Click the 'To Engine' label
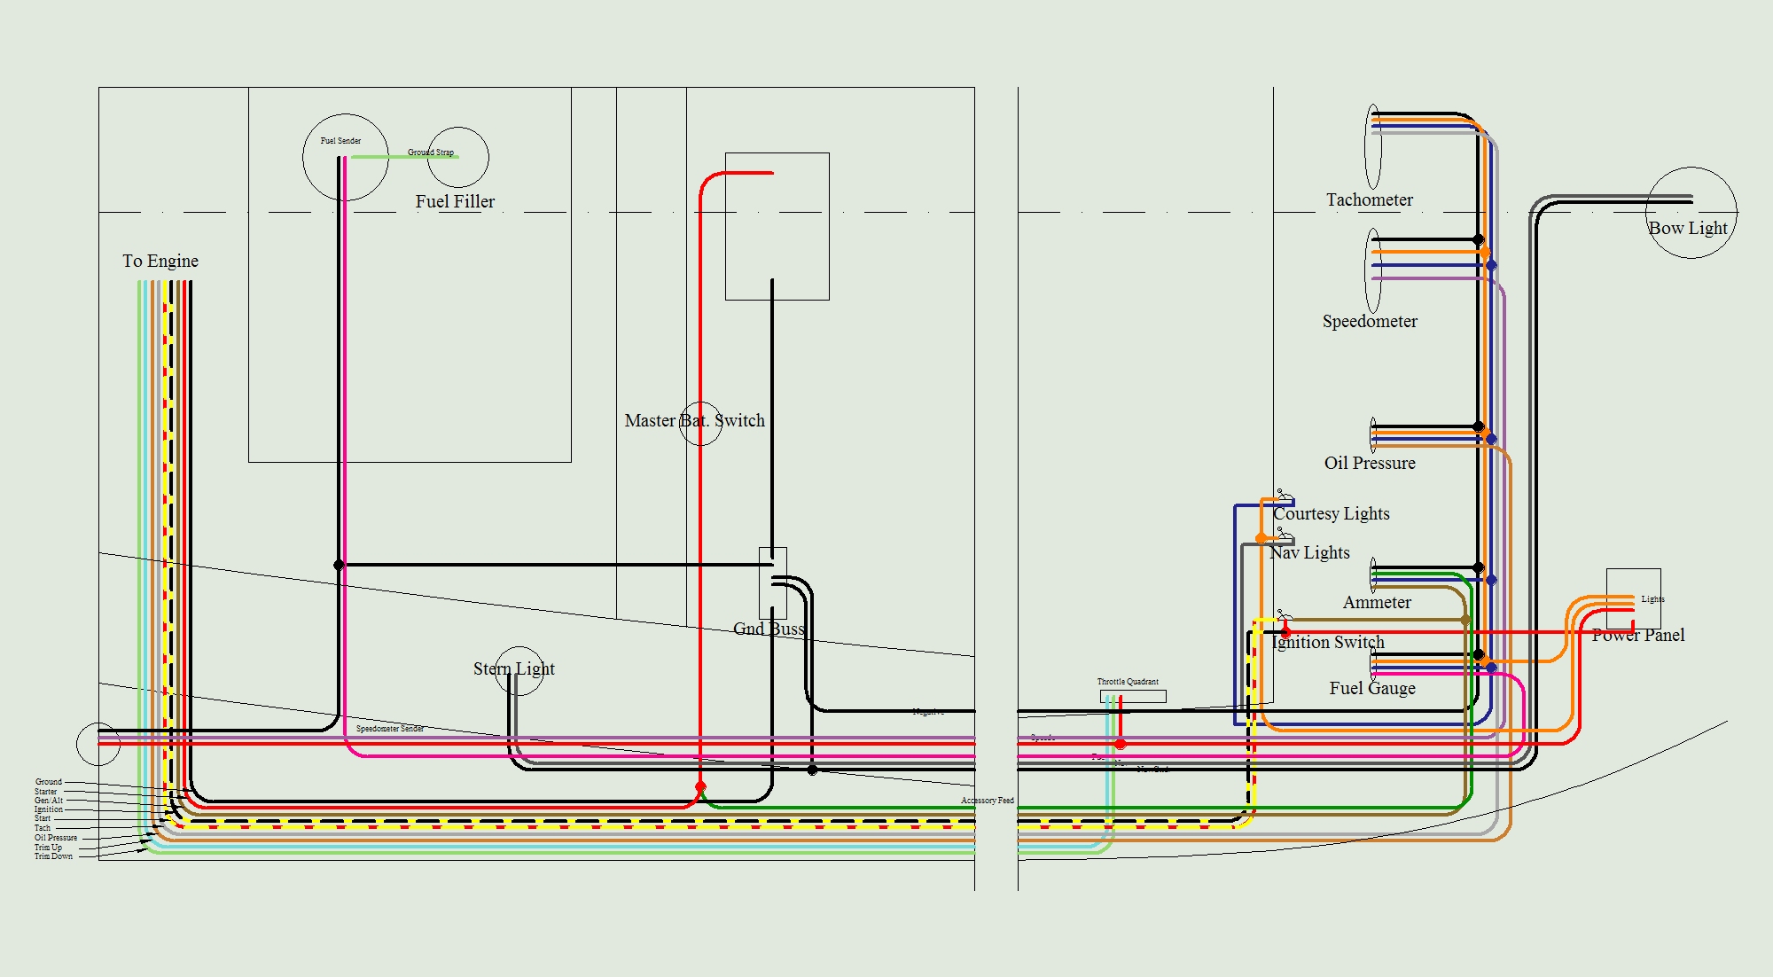tap(160, 261)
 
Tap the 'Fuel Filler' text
tap(455, 201)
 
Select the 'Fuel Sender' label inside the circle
tap(340, 141)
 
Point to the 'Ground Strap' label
tap(431, 152)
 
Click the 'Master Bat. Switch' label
tap(694, 420)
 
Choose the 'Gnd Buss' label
tap(769, 629)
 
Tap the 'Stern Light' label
tap(513, 668)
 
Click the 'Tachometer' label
tap(1370, 199)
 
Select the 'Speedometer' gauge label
tap(1370, 321)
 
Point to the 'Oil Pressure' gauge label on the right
tap(1370, 463)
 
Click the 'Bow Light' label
tap(1688, 228)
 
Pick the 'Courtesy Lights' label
tap(1332, 513)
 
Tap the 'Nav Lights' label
tap(1309, 552)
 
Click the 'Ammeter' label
tap(1377, 602)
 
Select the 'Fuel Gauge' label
tap(1372, 688)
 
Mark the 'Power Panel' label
tap(1638, 635)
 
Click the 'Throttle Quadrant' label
tap(1128, 682)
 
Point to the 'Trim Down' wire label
tap(53, 856)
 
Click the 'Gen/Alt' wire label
tap(49, 801)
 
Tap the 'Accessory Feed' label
tap(988, 801)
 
